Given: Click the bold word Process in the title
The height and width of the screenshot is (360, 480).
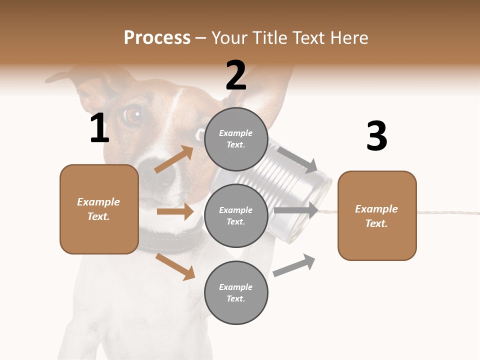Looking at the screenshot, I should (x=157, y=37).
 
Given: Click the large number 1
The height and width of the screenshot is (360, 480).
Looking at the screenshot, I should (x=99, y=128).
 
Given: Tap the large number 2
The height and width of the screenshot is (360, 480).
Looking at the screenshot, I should (x=236, y=75).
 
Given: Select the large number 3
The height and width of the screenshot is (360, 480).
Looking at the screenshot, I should (x=376, y=136).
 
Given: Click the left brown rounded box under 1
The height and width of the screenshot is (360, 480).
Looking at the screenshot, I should (x=99, y=209).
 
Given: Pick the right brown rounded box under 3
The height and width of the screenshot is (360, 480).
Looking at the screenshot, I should (x=377, y=216).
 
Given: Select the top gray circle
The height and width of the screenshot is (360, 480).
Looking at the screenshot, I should (x=235, y=139).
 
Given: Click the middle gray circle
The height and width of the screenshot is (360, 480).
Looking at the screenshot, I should (x=235, y=215).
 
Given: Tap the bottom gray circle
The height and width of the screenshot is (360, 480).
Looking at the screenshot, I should (x=235, y=292).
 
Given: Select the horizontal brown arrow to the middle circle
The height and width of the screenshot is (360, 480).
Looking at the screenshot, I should (x=174, y=211).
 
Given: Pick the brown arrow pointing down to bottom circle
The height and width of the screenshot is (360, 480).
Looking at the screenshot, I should (x=175, y=267).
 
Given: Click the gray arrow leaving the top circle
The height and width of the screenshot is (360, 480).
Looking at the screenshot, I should (x=298, y=160).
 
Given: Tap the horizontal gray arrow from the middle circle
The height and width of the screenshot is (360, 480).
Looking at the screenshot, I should (x=296, y=210).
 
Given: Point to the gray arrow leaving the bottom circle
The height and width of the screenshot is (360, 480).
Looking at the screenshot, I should (x=294, y=265).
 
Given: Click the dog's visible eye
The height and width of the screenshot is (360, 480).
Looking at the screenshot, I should (x=133, y=115).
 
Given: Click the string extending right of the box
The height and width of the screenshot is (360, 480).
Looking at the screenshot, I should (x=447, y=212).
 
